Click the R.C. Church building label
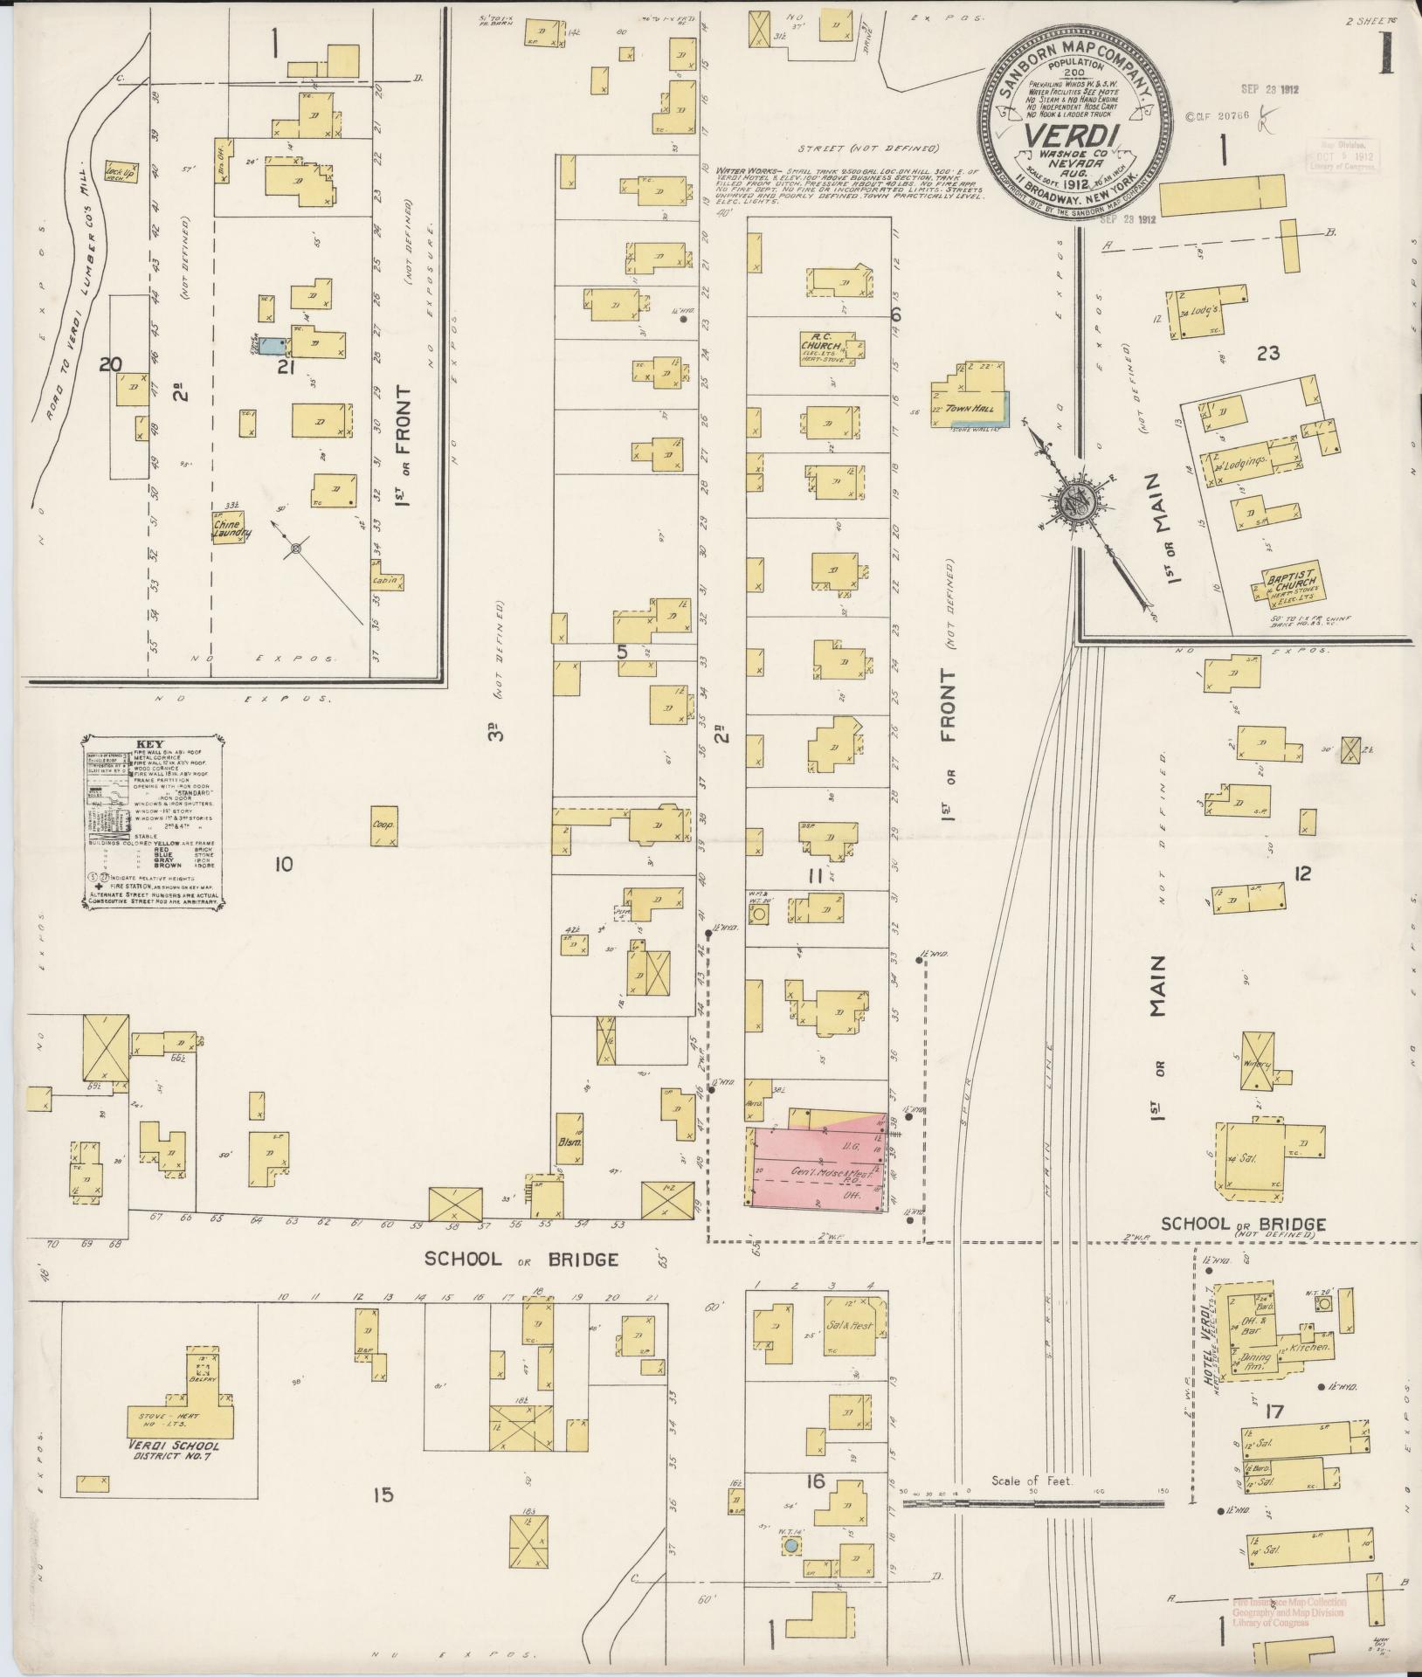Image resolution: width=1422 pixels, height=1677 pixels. coord(825,340)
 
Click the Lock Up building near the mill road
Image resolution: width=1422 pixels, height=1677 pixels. coord(118,170)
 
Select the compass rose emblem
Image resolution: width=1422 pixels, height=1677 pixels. coord(1073,505)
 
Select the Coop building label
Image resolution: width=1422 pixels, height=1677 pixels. coord(383,824)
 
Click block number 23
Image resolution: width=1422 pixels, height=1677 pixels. coord(1268,354)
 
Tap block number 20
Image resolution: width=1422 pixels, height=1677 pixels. coord(109,365)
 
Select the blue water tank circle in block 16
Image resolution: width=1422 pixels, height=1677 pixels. coord(790,1545)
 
